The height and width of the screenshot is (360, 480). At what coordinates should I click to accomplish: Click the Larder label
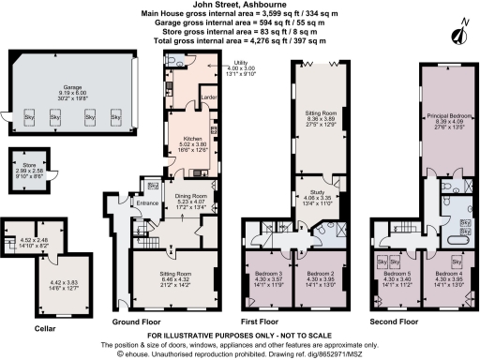(210, 96)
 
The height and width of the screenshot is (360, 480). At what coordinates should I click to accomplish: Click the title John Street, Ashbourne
(240, 6)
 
